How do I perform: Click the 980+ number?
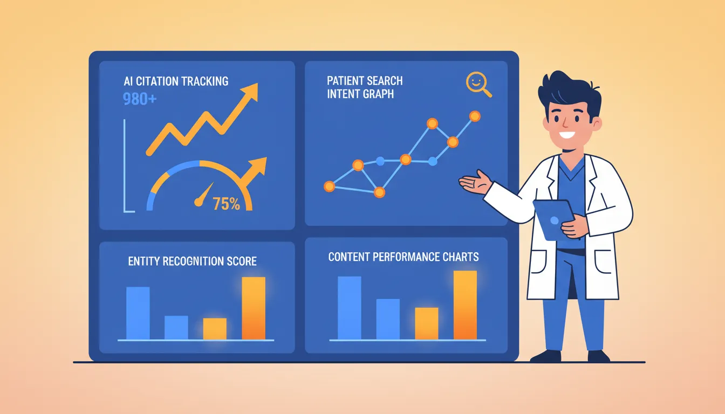point(140,99)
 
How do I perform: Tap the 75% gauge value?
point(226,204)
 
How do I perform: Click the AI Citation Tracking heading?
point(176,81)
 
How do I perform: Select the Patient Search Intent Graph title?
point(364,87)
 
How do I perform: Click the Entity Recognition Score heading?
point(192,261)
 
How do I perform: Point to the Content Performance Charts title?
point(403,257)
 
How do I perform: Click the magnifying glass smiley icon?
point(477,84)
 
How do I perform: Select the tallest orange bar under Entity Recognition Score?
point(254,308)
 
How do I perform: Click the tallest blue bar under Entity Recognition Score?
point(138,313)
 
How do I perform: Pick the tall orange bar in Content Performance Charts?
point(465,305)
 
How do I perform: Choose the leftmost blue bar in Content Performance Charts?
point(349,307)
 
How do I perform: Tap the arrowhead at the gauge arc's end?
point(258,166)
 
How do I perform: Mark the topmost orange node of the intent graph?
point(475,116)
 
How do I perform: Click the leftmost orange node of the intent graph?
point(329,187)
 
